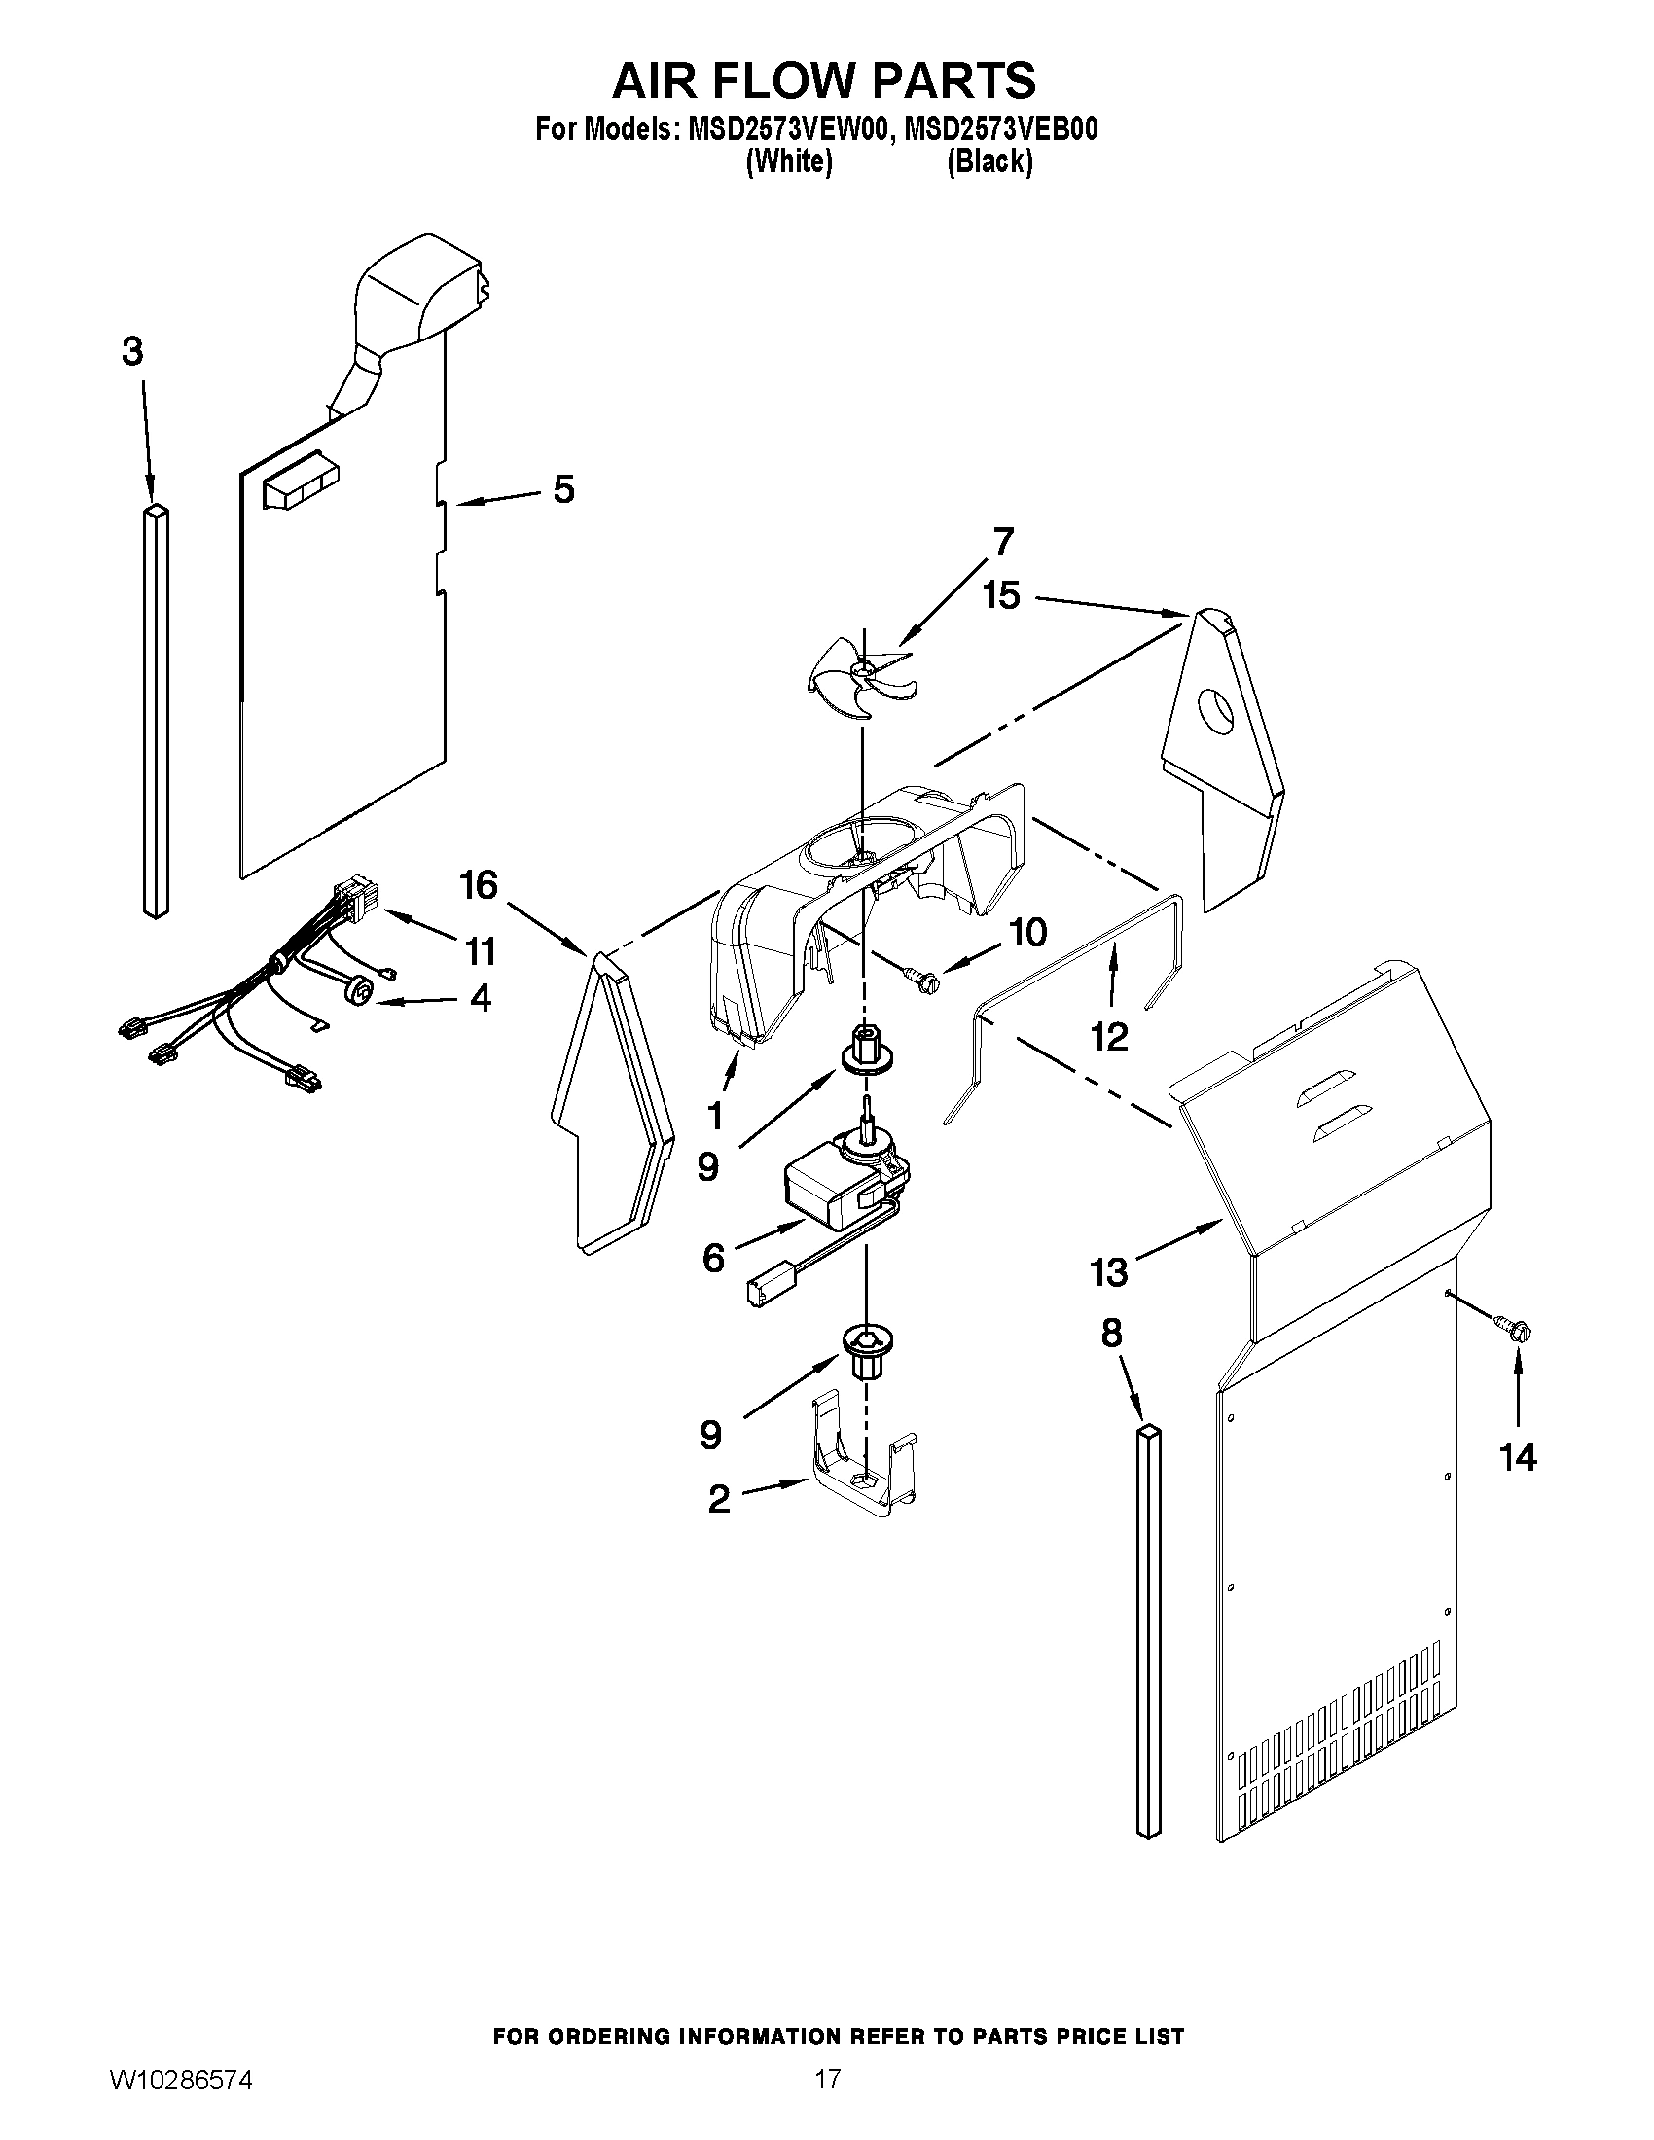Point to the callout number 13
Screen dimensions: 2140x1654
pos(1109,1273)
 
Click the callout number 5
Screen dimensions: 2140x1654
pos(563,489)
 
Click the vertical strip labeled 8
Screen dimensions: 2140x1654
pos(1147,1631)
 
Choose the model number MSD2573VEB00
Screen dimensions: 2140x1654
pos(1000,131)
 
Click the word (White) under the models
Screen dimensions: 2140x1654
pos(789,162)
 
